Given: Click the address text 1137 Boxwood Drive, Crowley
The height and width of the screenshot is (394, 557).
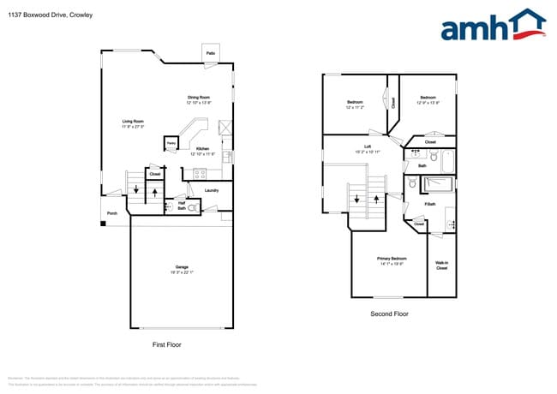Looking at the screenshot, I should [51, 15].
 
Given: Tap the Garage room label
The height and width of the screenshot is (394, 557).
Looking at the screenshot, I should [181, 269].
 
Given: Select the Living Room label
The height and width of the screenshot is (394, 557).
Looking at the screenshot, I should [133, 122].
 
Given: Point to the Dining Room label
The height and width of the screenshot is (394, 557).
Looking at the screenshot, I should [200, 98].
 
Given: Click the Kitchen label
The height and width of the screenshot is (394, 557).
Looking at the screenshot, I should [202, 149].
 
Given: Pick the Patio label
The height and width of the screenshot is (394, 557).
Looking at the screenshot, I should [210, 54].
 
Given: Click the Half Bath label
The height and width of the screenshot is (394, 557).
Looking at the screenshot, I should [182, 205].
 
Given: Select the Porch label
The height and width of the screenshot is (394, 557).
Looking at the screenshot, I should [111, 213].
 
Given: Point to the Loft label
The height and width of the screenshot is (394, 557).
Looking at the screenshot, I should [367, 147].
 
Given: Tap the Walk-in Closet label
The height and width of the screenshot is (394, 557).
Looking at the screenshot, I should [441, 266].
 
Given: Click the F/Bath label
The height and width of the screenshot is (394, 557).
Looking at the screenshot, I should [429, 204].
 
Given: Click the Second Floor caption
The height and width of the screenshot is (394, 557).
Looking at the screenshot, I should [389, 314].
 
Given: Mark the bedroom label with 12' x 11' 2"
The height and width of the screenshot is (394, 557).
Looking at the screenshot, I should [355, 104].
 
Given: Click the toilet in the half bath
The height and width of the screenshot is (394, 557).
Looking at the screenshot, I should [192, 207].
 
